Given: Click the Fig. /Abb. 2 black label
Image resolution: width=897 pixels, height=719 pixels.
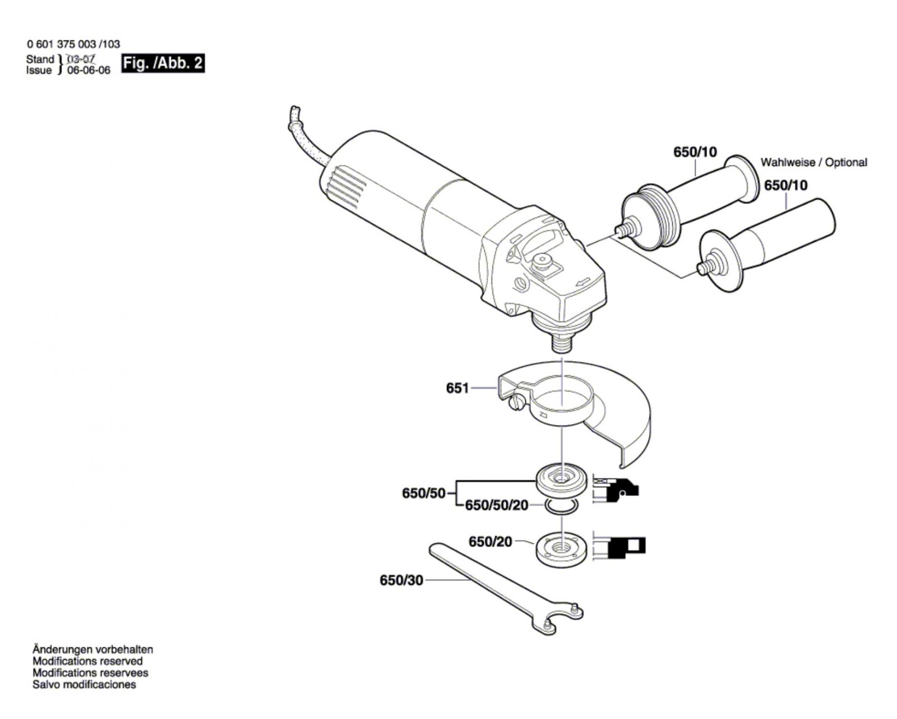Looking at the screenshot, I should (x=163, y=63).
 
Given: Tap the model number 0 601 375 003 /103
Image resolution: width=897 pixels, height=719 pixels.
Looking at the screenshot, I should (x=73, y=44).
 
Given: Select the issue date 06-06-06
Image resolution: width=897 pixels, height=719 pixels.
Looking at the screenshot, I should (x=89, y=71).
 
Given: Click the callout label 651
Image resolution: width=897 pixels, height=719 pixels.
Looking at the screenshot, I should (x=457, y=388).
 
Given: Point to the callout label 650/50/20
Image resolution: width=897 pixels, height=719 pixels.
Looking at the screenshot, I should (x=497, y=505).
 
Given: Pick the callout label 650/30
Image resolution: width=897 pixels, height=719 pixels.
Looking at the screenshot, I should (x=401, y=580).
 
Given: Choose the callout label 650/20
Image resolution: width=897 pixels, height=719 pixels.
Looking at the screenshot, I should (x=490, y=542).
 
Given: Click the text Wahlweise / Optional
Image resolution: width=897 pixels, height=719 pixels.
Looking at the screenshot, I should (x=813, y=162).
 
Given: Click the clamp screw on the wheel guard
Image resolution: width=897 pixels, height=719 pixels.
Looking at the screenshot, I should (x=515, y=403).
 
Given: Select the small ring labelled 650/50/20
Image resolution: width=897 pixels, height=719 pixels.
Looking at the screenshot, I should (x=561, y=508).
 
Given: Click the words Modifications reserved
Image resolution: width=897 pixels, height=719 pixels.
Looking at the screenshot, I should (x=87, y=661).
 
